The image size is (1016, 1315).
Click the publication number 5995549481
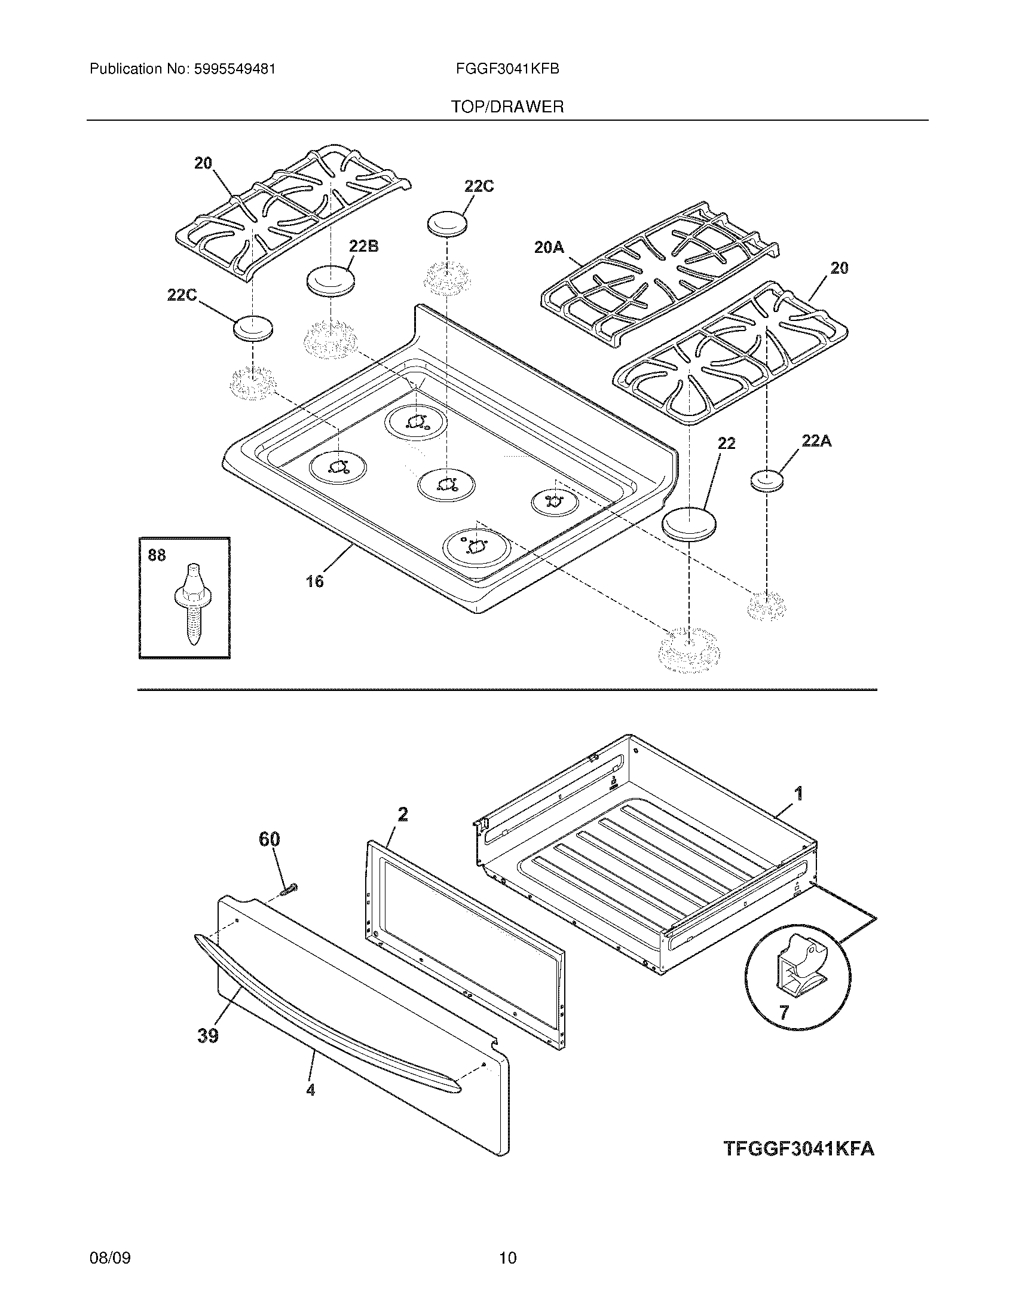(234, 69)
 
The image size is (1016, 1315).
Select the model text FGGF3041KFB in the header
(508, 69)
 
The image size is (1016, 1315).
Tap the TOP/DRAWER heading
(507, 107)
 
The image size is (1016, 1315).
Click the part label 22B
(363, 246)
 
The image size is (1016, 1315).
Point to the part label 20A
(549, 247)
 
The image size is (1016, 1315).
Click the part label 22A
(816, 441)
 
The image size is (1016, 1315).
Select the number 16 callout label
(315, 581)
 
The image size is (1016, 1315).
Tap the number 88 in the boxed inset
(157, 555)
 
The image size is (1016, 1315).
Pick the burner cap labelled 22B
(330, 280)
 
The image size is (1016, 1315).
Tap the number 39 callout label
(207, 1036)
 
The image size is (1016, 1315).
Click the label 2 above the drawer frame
(403, 815)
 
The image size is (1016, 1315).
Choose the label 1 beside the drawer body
(798, 794)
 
